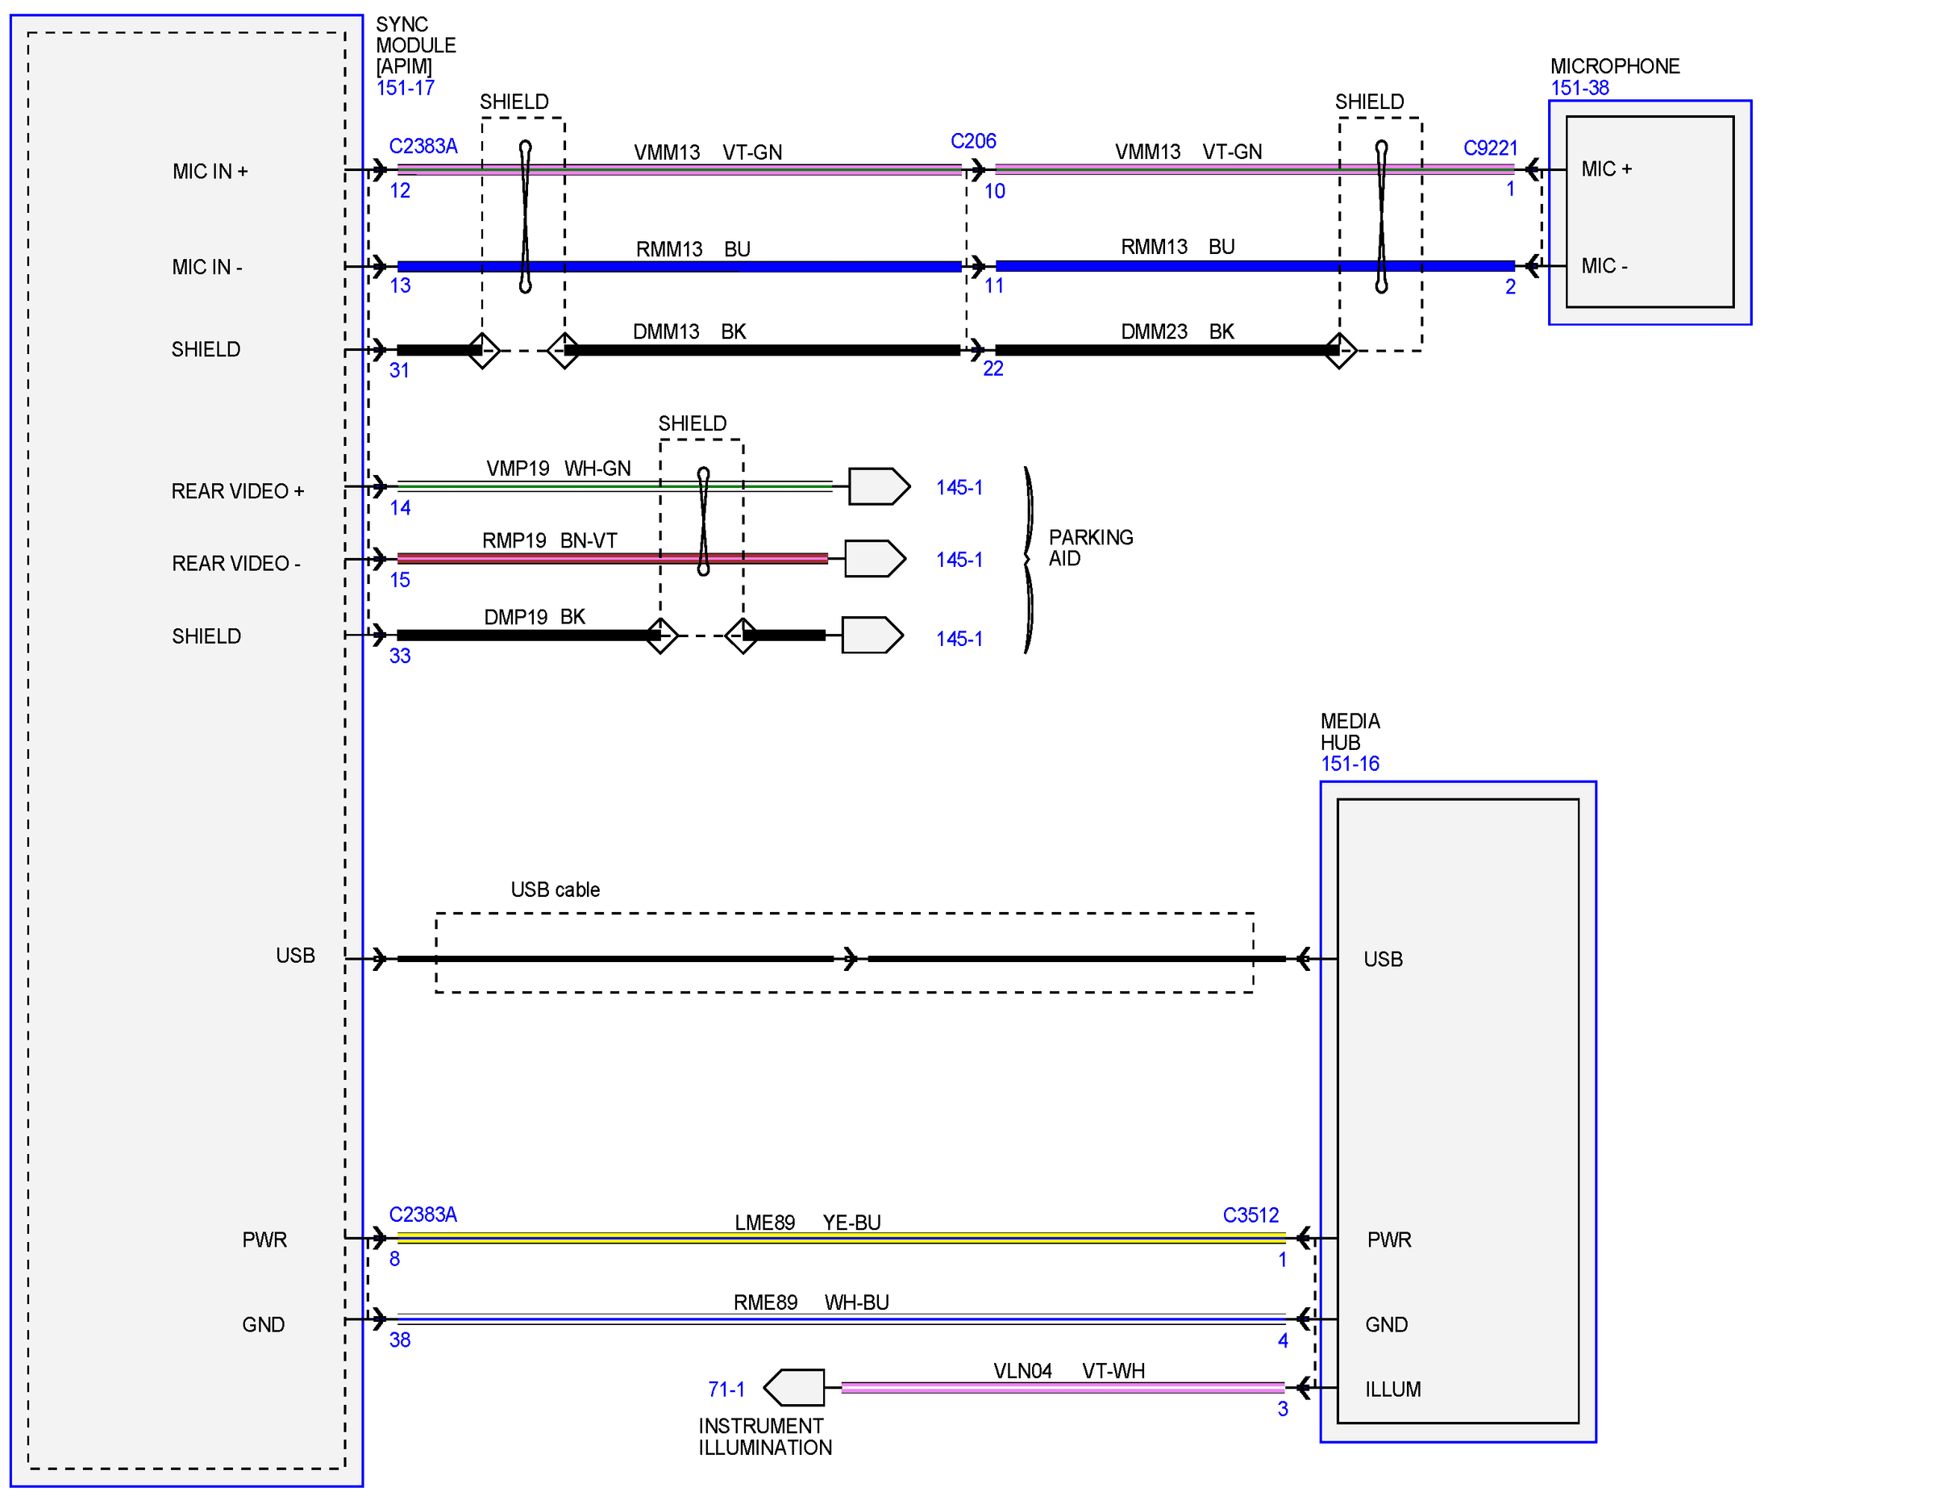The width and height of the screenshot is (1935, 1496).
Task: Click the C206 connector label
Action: (x=973, y=141)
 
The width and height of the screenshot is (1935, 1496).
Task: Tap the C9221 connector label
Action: (x=1490, y=148)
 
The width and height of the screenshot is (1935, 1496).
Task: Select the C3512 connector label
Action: (x=1250, y=1215)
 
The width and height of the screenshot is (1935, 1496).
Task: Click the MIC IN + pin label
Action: (x=210, y=171)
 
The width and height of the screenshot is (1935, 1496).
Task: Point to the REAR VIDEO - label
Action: (x=235, y=563)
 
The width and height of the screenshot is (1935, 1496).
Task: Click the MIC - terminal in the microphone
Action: (x=1604, y=266)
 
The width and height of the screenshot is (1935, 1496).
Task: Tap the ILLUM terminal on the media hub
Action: (x=1392, y=1389)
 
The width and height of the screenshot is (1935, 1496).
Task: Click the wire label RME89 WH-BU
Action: (x=810, y=1302)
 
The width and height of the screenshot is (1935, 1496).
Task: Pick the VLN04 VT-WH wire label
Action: (x=1068, y=1370)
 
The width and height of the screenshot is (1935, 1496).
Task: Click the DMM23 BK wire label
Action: (x=1176, y=331)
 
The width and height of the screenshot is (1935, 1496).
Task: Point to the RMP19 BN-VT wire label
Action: (x=549, y=540)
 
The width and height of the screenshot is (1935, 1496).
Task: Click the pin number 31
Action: (x=400, y=370)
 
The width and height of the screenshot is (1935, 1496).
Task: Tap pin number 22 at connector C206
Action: (x=993, y=369)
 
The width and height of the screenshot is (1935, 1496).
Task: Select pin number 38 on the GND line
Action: (x=400, y=1340)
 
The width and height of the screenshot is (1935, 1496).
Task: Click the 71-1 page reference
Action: (x=726, y=1389)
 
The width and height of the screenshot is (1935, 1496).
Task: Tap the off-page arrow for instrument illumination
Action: (x=794, y=1387)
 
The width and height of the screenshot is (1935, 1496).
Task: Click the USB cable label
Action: (x=555, y=889)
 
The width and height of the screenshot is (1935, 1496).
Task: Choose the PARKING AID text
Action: (x=1091, y=548)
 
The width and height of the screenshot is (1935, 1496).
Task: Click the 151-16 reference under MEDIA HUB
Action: (x=1350, y=763)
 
